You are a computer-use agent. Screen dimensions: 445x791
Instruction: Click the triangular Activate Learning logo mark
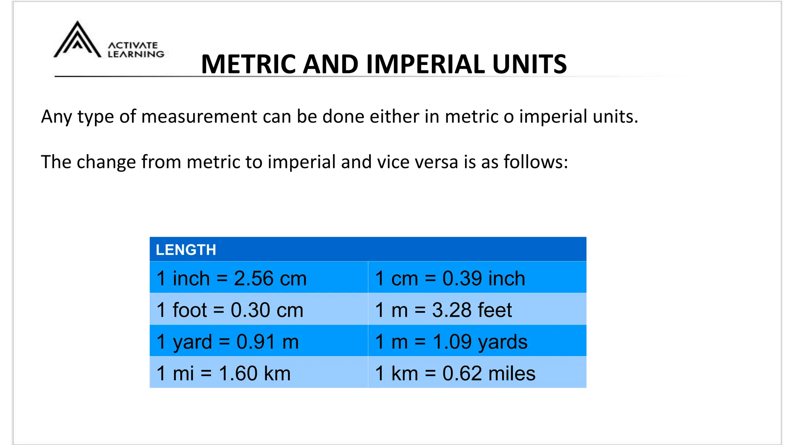click(77, 40)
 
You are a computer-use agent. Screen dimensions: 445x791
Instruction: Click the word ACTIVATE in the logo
click(133, 45)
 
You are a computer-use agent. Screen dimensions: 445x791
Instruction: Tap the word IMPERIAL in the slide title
click(425, 64)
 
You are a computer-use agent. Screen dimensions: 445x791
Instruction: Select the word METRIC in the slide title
click(249, 64)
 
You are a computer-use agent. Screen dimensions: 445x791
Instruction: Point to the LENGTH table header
click(186, 250)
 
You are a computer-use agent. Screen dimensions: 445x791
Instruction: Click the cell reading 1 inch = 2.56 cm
click(231, 278)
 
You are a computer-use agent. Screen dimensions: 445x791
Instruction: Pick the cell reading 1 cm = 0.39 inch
click(450, 278)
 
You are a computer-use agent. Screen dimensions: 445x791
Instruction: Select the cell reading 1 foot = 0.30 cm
click(230, 310)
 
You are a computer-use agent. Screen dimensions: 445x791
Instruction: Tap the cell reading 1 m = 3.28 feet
click(443, 310)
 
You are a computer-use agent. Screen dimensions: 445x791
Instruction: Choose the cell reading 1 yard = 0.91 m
click(227, 341)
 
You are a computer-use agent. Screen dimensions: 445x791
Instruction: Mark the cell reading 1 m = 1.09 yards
click(451, 341)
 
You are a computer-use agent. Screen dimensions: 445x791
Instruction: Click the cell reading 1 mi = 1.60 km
click(223, 373)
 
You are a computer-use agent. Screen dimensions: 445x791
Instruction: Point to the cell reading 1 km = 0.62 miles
click(455, 373)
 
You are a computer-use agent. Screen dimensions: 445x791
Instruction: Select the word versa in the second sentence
click(436, 162)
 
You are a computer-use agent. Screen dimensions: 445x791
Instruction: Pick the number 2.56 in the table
click(254, 278)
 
